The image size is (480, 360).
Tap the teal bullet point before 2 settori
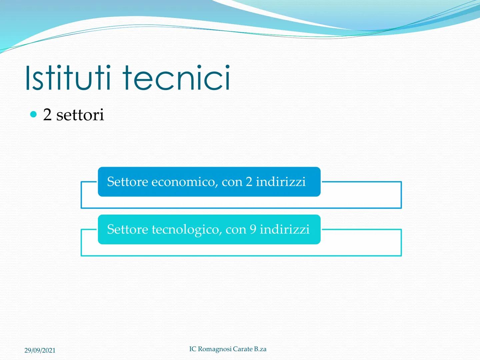[33, 115]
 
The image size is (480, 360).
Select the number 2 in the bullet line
[47, 115]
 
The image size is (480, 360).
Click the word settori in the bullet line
[80, 115]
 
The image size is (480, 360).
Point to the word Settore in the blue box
[127, 182]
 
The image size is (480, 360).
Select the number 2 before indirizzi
[249, 182]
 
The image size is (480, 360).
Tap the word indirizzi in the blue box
[281, 182]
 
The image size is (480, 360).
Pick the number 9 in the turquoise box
[253, 230]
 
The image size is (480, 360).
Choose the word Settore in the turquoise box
[127, 230]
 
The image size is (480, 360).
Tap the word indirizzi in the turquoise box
[285, 230]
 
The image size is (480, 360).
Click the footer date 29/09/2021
[40, 350]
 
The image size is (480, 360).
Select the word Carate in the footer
[243, 349]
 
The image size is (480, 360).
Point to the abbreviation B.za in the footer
[260, 349]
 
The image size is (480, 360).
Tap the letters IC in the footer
[193, 349]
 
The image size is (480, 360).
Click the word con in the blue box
[232, 182]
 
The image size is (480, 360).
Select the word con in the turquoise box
[236, 230]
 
